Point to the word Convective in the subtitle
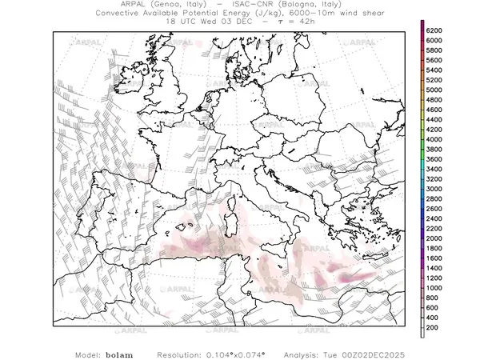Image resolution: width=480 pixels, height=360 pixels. coord(125,14)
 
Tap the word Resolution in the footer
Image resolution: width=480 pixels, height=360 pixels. coord(185,353)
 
